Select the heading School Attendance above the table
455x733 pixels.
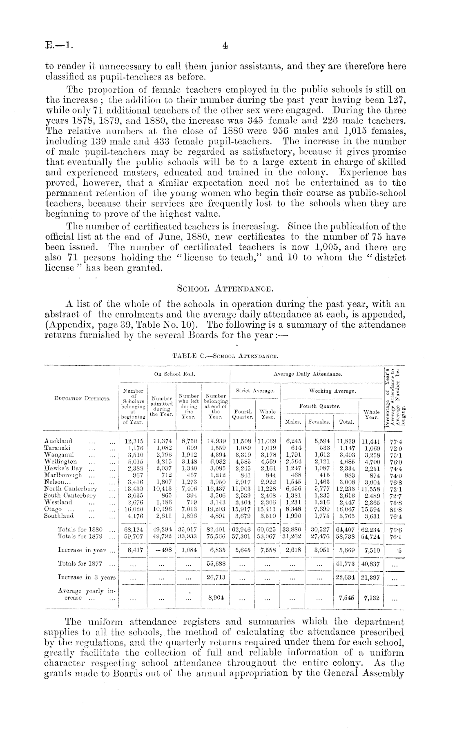224,289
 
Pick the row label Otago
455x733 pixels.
53,509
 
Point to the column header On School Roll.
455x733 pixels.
174,374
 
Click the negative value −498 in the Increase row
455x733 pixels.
161,550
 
